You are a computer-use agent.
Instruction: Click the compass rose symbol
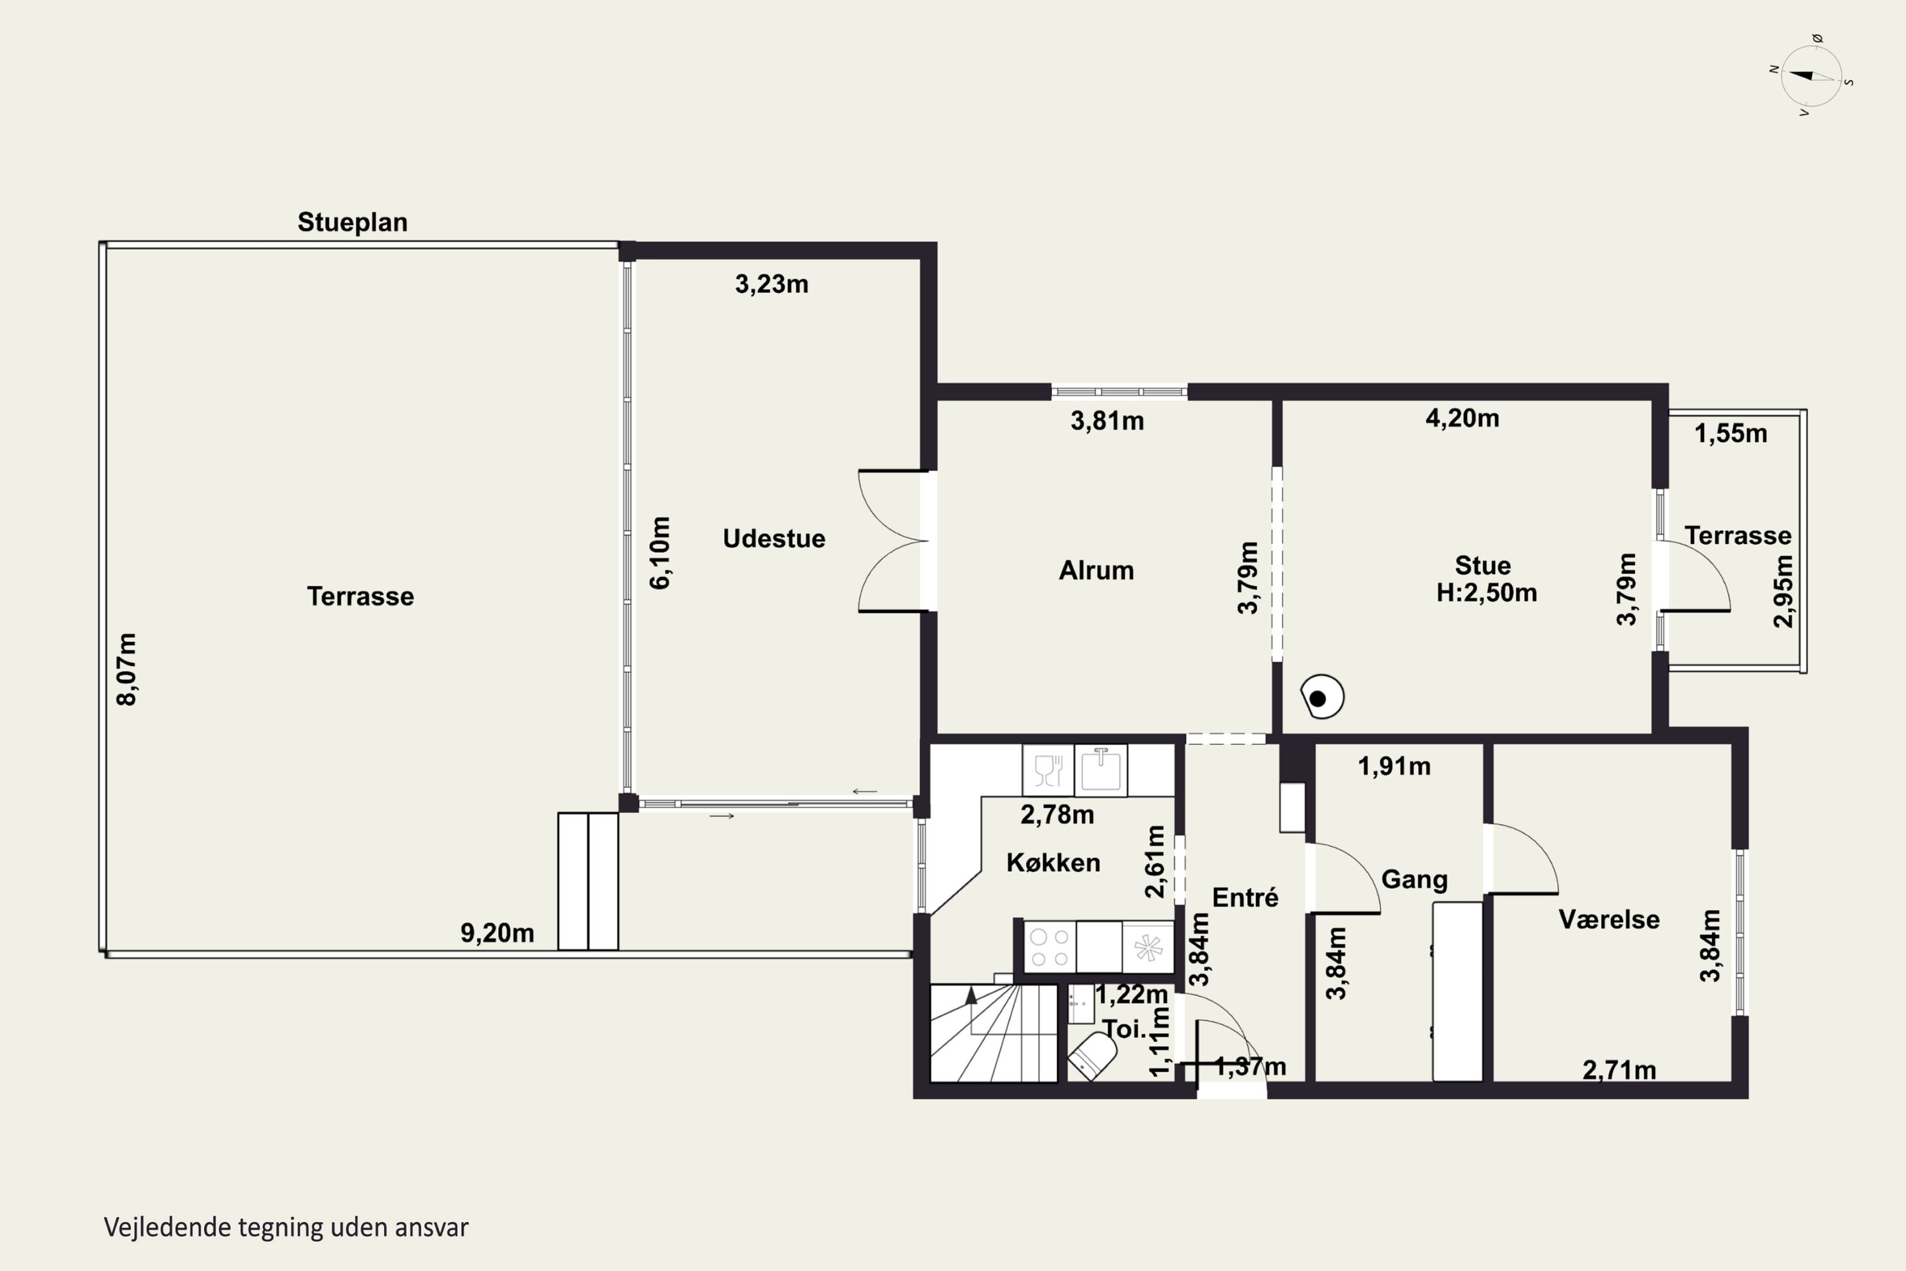1812,76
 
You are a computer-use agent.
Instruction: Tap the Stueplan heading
353,222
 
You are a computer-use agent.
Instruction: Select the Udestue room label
774,538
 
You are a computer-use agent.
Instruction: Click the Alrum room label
1097,570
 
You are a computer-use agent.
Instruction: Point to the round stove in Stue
1321,697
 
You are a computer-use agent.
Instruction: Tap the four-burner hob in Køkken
1050,946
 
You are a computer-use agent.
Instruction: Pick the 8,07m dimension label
127,670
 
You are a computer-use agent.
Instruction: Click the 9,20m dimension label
497,933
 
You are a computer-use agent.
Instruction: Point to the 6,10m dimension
661,553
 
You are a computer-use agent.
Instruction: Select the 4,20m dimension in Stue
1463,418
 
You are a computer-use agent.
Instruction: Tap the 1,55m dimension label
1731,433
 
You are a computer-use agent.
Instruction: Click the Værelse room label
1609,919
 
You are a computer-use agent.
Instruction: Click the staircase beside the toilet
994,1033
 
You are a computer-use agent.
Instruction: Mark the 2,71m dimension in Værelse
1619,1070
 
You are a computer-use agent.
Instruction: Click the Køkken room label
1053,862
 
